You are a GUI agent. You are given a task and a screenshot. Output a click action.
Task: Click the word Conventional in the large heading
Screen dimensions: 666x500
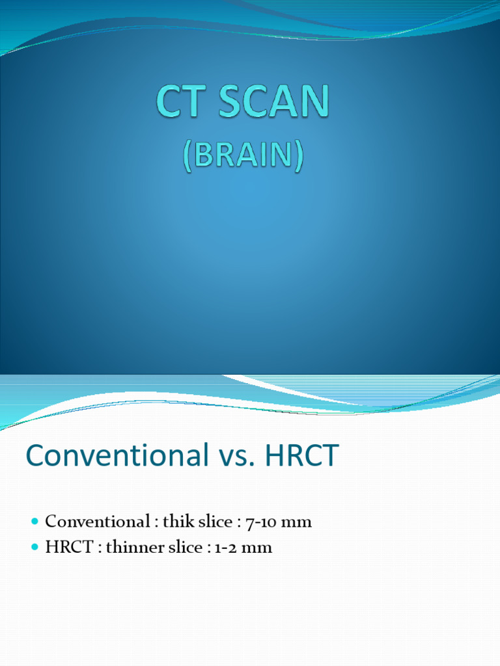click(x=114, y=456)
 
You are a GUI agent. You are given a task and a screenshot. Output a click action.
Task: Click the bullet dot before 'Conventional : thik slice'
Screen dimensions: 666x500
click(x=35, y=522)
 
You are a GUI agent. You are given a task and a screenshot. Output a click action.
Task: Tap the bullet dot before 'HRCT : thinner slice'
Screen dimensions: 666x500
click(x=35, y=548)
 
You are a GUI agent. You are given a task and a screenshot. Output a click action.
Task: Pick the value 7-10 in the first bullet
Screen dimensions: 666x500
click(x=262, y=522)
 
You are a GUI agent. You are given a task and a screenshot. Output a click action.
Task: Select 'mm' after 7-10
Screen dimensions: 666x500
click(x=299, y=522)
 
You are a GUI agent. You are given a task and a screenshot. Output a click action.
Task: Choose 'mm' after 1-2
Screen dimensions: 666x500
click(x=258, y=548)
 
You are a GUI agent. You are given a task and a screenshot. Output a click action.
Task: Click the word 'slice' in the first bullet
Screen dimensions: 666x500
click(x=214, y=522)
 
